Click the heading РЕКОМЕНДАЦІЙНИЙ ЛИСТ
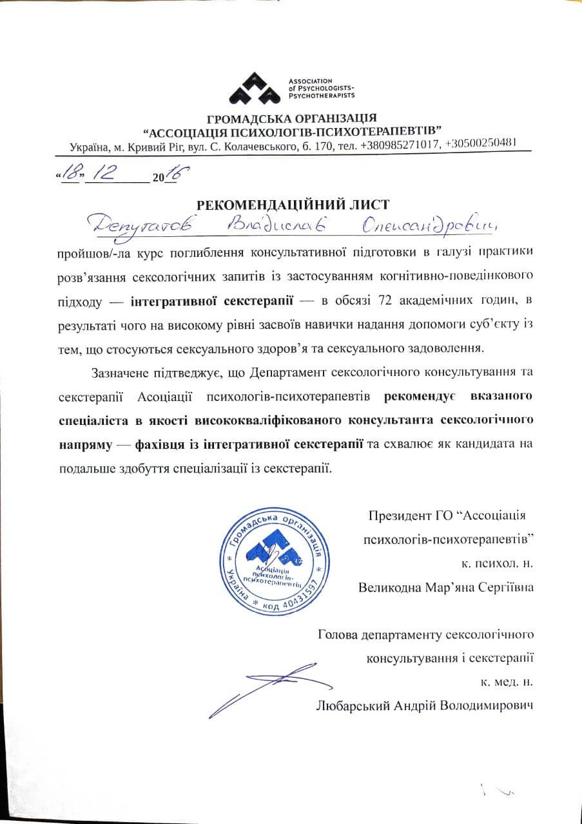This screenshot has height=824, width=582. point(293,205)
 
